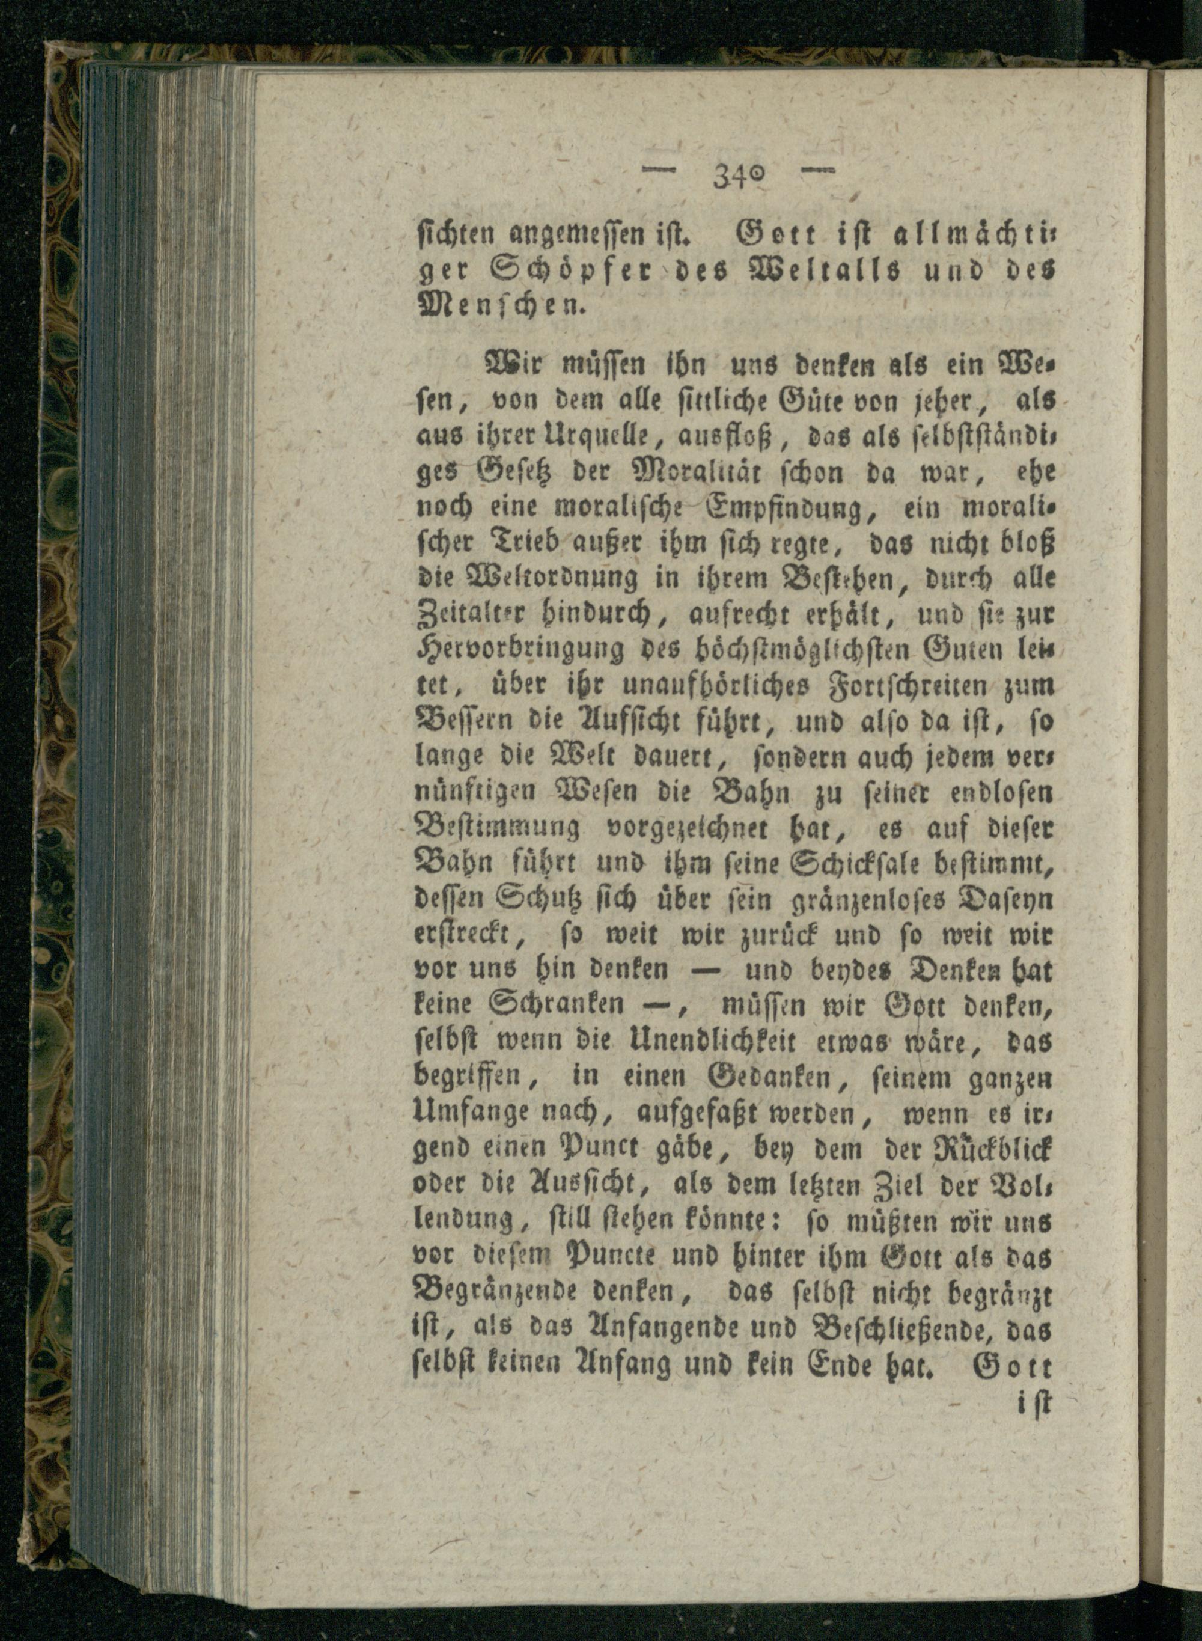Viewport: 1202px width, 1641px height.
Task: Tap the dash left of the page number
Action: [659, 173]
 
